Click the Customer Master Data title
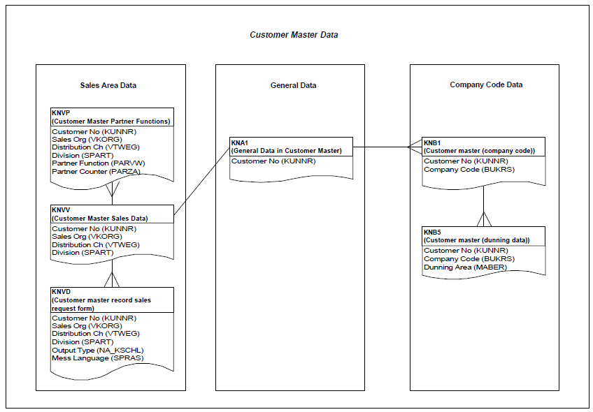pos(294,35)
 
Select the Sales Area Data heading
pos(108,85)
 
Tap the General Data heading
pos(294,85)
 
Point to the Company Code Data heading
pos(486,84)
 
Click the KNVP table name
pos(61,112)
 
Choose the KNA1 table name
pos(240,142)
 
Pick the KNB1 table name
pos(432,142)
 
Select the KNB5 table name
pos(432,233)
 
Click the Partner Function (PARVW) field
pos(99,163)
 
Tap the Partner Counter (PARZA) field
pos(96,172)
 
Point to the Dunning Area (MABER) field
pos(466,267)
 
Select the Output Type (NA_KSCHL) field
pos(98,350)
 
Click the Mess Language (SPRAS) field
pos(98,358)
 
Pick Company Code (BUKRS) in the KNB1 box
pos(469,169)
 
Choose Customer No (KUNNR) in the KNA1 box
pos(273,161)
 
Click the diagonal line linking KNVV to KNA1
pos(202,181)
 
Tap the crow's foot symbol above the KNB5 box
pos(484,219)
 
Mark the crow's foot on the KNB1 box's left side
pos(415,147)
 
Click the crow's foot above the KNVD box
pos(112,279)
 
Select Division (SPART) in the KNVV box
pos(83,252)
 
